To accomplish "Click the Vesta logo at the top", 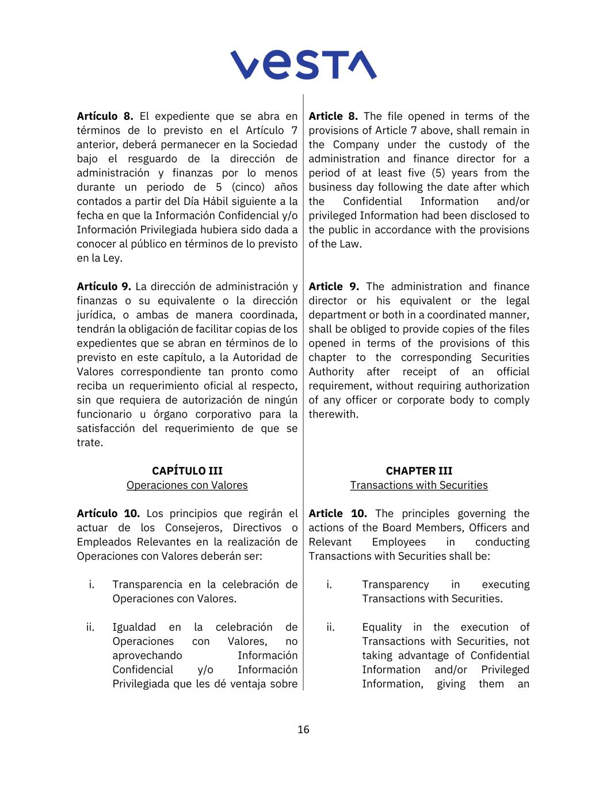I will [303, 64].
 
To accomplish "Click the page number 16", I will [303, 730].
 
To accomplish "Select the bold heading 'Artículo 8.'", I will [105, 116].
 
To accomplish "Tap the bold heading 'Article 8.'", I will [333, 116].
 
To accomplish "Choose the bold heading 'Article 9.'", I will [334, 287].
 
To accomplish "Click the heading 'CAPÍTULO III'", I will [187, 471].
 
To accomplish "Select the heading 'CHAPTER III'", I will [419, 471].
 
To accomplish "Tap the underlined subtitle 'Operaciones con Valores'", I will [187, 485].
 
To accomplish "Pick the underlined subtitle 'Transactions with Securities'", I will [419, 485].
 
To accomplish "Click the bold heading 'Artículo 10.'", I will [108, 514].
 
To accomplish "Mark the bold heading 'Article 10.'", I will [337, 514].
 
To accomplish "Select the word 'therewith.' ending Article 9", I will [333, 415].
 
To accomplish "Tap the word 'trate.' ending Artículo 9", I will [90, 443].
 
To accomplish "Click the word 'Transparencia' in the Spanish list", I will [150, 584].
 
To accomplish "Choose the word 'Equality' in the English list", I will [381, 627].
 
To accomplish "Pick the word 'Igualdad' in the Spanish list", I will [133, 627].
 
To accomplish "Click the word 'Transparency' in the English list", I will [395, 584].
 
